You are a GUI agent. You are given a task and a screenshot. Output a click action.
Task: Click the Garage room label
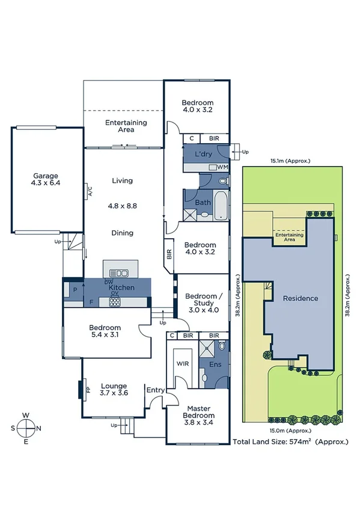point(46,180)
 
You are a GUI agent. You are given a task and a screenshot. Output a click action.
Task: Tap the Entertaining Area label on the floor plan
point(126,126)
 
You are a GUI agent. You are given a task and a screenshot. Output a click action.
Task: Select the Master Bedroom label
point(198,412)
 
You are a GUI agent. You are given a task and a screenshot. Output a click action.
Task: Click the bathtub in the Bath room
point(221,204)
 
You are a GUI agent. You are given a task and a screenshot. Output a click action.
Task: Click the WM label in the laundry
point(222,167)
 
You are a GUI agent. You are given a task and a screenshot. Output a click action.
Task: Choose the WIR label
point(183,364)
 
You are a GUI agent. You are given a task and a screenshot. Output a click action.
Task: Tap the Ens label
point(213,364)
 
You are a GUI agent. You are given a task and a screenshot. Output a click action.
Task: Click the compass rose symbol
point(26,428)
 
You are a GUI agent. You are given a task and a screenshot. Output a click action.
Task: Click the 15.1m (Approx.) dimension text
point(290,161)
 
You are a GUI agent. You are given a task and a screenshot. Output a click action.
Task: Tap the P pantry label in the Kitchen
point(75,289)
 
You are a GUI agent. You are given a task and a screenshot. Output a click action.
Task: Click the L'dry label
point(204,155)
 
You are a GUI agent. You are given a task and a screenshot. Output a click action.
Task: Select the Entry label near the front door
point(156,390)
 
